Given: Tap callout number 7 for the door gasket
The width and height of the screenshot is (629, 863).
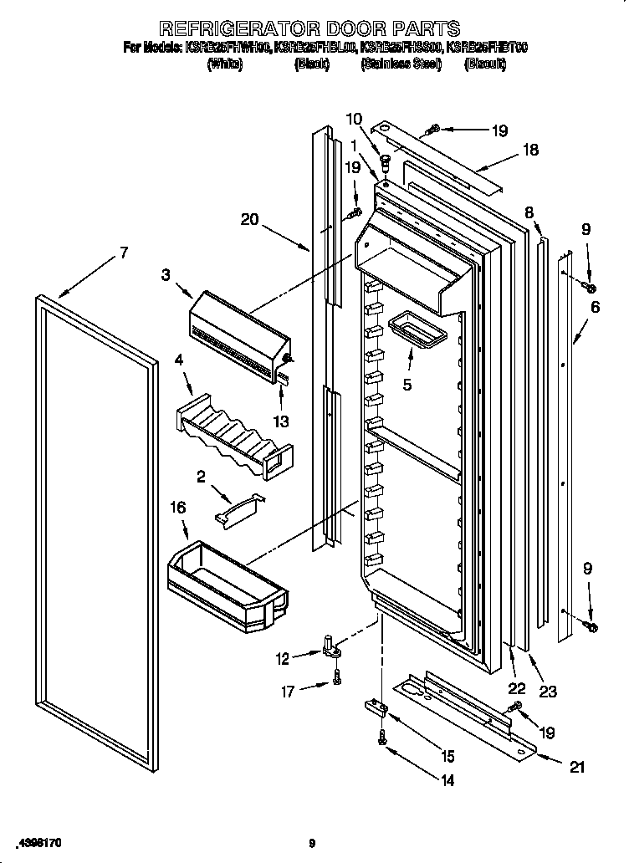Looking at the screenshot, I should click(124, 254).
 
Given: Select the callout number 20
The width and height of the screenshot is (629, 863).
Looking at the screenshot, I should click(249, 221).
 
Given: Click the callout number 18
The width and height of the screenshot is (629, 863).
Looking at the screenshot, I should click(530, 151).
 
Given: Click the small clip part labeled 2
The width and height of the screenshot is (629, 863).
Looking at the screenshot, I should click(238, 509).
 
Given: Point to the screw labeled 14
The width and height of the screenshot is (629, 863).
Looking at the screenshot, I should click(383, 738).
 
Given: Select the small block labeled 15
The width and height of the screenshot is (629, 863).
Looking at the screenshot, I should click(376, 709).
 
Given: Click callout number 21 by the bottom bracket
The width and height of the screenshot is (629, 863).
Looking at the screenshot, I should click(576, 767).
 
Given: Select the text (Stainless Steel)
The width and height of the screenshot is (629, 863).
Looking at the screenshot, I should click(401, 64).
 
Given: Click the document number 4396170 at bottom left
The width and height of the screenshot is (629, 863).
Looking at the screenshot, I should click(38, 842).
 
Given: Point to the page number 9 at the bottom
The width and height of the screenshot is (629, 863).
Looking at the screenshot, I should click(311, 842).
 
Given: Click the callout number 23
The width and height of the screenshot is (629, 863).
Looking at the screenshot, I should click(548, 692).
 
